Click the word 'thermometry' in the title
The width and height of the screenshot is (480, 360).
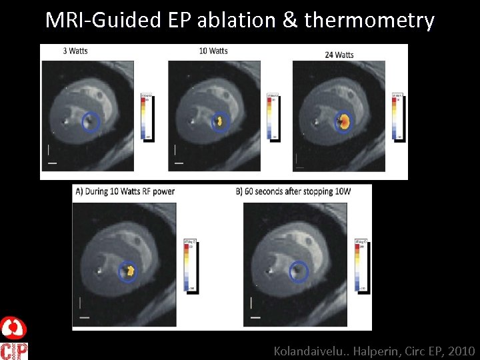369,21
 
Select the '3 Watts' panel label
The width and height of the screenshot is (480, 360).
75,51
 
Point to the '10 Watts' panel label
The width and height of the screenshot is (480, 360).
213,51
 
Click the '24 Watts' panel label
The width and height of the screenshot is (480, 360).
339,55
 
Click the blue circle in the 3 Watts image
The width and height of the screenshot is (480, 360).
91,121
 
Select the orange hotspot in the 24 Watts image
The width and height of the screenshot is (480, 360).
343,121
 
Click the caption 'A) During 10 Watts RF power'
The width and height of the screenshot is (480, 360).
125,191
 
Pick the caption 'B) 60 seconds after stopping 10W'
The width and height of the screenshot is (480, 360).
293,191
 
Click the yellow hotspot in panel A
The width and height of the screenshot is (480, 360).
128,271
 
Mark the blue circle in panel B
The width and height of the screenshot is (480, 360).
299,271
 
